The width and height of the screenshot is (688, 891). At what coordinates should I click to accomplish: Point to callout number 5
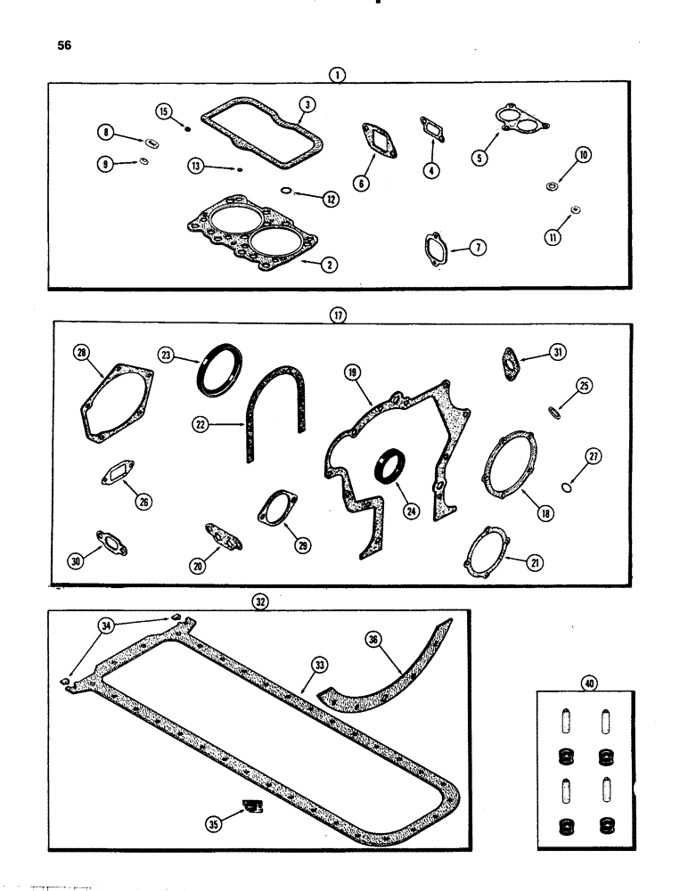point(480,157)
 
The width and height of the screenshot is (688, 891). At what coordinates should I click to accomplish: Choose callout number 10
point(584,155)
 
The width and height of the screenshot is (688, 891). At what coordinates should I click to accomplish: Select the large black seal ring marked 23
point(217,373)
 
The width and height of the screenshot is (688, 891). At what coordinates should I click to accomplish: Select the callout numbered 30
point(78,560)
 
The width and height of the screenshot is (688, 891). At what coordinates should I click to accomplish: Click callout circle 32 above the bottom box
point(260,602)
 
